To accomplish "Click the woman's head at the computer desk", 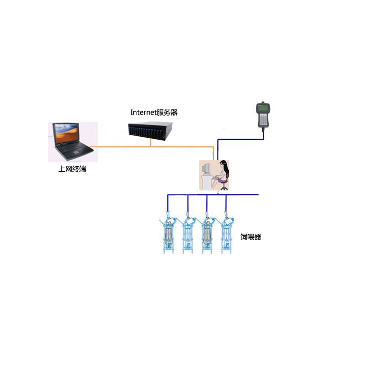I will [223, 165].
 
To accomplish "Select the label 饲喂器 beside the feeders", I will [251, 237].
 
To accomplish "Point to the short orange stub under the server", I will [149, 143].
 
